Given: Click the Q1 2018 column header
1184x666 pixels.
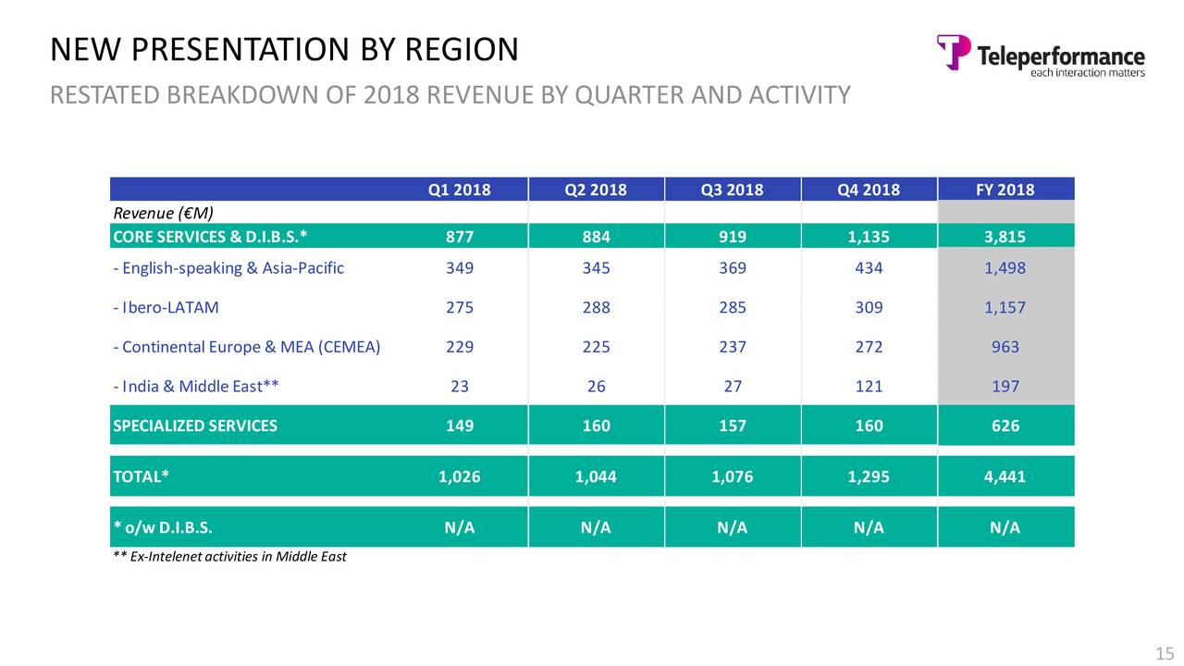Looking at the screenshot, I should pyautogui.click(x=459, y=191).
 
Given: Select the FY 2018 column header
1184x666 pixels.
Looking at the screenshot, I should pyautogui.click(x=1005, y=191).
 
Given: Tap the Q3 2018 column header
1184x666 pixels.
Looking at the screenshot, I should pyautogui.click(x=732, y=191).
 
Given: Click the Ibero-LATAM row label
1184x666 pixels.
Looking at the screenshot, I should pyautogui.click(x=166, y=308).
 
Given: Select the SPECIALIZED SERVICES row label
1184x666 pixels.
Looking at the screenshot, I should pyautogui.click(x=194, y=425).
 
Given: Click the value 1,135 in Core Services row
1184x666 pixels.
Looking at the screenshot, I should pyautogui.click(x=869, y=236).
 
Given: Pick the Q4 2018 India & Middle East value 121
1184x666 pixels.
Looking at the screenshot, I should pyautogui.click(x=869, y=387).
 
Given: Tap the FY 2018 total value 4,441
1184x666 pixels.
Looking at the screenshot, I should pyautogui.click(x=1005, y=477).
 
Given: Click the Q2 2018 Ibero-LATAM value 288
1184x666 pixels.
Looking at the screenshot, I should pyautogui.click(x=596, y=308).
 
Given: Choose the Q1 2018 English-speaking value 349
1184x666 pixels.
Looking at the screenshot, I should pyautogui.click(x=459, y=268).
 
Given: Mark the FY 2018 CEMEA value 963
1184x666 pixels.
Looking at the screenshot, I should pyautogui.click(x=1005, y=347).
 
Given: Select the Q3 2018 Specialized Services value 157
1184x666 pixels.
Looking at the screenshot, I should pyautogui.click(x=732, y=425).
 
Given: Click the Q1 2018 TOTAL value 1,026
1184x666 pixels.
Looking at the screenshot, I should pyautogui.click(x=459, y=477).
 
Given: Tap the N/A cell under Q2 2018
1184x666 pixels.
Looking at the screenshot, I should pyautogui.click(x=596, y=528).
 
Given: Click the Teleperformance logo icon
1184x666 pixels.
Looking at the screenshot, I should pyautogui.click(x=954, y=52).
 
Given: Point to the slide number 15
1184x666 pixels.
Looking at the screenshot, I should pyautogui.click(x=1165, y=654).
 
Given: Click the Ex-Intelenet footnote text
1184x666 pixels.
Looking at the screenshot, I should pyautogui.click(x=229, y=557).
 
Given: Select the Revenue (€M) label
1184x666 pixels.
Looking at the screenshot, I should pyautogui.click(x=163, y=214).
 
